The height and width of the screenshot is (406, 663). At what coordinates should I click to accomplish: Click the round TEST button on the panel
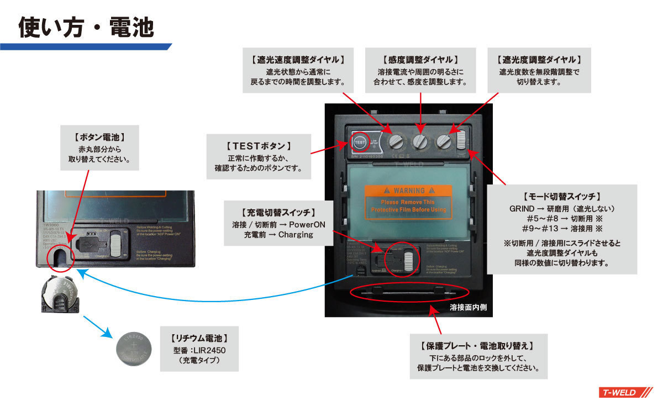point(360,142)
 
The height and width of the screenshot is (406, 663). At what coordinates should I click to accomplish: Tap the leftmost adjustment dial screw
point(396,141)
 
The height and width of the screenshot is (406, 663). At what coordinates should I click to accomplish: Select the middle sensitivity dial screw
point(420,141)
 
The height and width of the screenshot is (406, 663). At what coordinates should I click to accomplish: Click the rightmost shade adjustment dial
point(444,141)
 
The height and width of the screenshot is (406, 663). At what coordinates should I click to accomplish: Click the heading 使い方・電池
point(86,27)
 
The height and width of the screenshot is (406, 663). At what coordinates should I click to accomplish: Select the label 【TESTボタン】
point(258,146)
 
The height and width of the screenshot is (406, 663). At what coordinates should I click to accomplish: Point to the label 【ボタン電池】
point(99,136)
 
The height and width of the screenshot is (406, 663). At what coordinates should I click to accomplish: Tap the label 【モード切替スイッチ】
point(561,197)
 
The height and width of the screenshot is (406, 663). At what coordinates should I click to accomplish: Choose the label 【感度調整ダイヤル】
point(420,59)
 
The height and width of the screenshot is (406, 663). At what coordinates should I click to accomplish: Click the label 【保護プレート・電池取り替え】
point(478,346)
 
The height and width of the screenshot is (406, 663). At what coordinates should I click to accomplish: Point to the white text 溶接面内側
point(468,306)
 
